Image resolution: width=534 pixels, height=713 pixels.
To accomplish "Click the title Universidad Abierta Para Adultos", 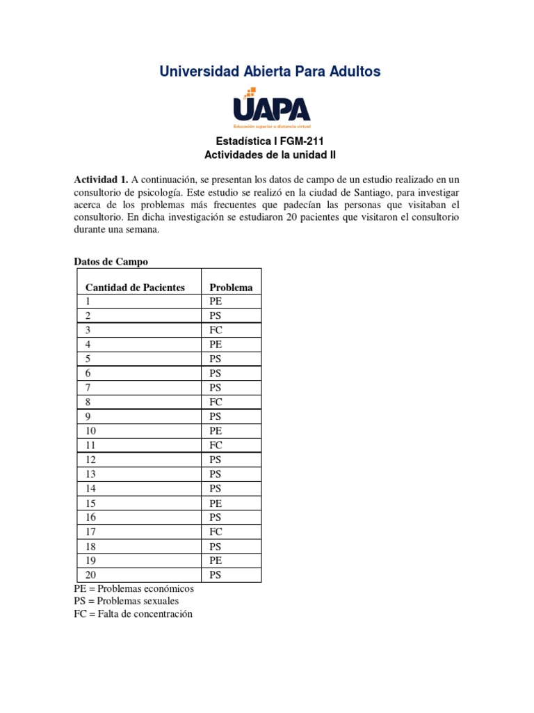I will click(x=270, y=72).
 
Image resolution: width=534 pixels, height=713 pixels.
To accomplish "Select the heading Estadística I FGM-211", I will click(x=270, y=141).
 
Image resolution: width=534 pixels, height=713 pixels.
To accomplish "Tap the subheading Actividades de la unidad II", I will click(x=270, y=155).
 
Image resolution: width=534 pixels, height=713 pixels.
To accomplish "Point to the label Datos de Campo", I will click(x=111, y=262).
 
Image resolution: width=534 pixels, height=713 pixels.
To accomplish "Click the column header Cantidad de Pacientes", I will click(x=135, y=287).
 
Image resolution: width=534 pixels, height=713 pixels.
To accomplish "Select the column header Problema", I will click(x=231, y=287).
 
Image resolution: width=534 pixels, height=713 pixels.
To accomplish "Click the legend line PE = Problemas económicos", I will click(x=134, y=588).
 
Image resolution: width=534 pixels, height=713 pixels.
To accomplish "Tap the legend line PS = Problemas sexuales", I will click(x=126, y=601).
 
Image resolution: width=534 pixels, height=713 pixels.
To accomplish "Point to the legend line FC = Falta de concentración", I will click(x=133, y=614).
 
